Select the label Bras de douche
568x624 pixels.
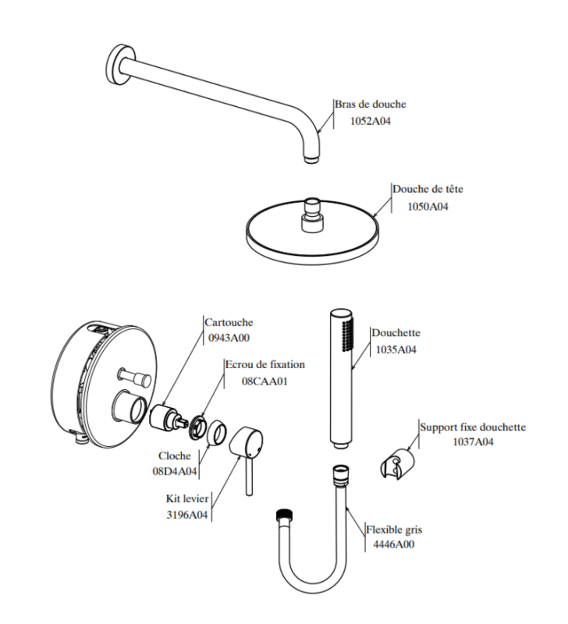point(371,104)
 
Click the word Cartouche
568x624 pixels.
point(229,321)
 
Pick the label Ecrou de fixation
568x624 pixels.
point(264,364)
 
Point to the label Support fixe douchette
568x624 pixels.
point(473,427)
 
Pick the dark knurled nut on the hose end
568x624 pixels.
point(284,516)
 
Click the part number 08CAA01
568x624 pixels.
point(264,381)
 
